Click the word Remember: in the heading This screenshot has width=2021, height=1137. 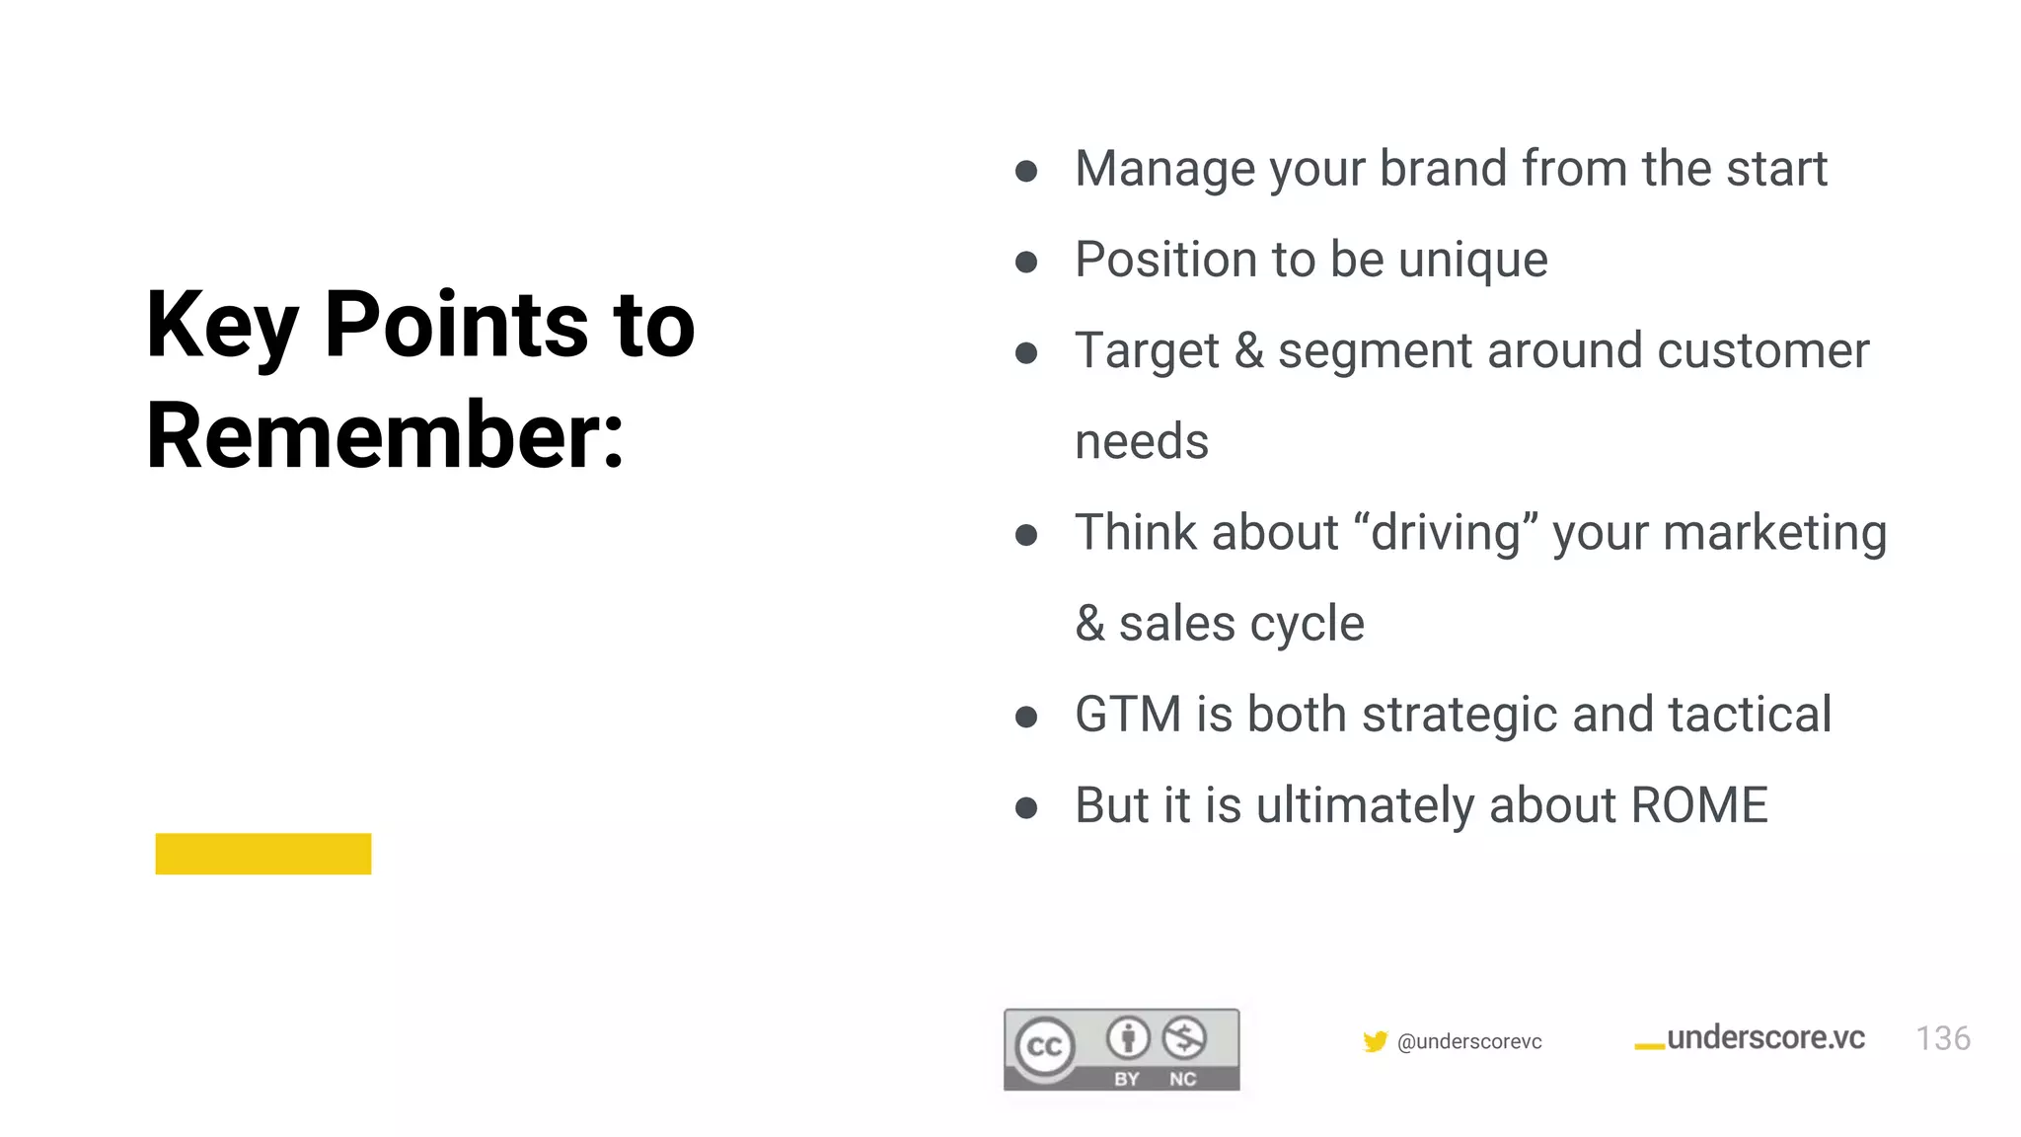(x=385, y=435)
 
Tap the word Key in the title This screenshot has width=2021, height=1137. (x=221, y=326)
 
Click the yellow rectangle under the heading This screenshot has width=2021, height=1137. (x=263, y=854)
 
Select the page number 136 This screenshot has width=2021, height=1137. (x=1942, y=1038)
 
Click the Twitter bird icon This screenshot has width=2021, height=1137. (x=1375, y=1041)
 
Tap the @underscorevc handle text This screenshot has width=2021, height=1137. (x=1469, y=1041)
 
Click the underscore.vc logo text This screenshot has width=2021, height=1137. (x=1764, y=1037)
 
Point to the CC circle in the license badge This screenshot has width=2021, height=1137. (x=1045, y=1046)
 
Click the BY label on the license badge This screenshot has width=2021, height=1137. (x=1127, y=1079)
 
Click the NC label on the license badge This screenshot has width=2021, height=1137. (x=1182, y=1079)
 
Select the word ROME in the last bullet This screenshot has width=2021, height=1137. (x=1698, y=805)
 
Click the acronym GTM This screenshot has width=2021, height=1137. (x=1128, y=715)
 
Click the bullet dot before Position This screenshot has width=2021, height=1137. (x=1026, y=262)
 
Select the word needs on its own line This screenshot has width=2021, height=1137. (x=1142, y=442)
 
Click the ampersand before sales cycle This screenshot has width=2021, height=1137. (x=1089, y=624)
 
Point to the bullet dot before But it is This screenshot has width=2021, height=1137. (x=1026, y=808)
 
